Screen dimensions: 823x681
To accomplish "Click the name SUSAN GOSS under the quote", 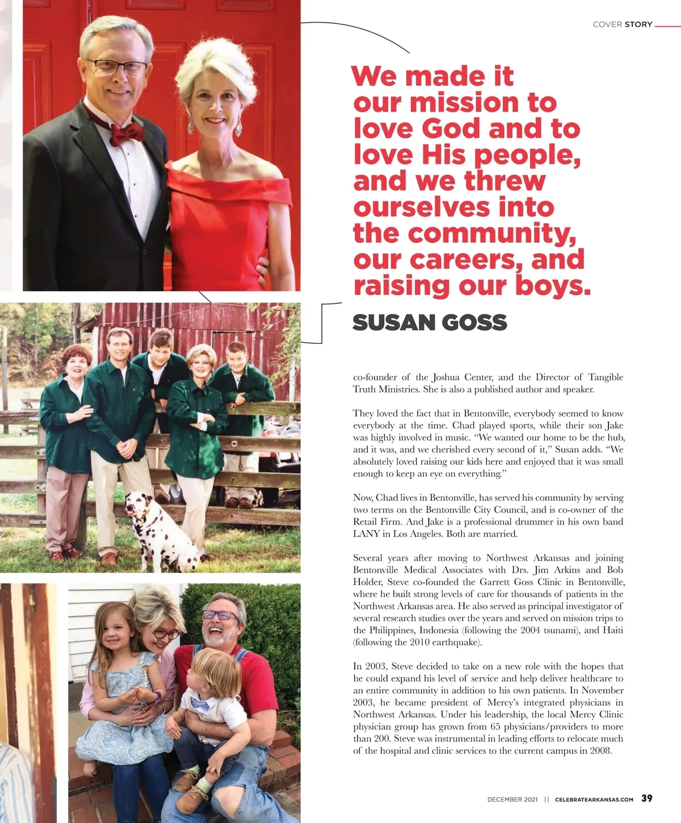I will (430, 322).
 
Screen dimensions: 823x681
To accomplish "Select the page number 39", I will (647, 798).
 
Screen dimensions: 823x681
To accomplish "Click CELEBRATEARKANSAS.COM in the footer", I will (594, 799).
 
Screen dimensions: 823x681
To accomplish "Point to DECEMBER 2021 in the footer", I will (512, 799).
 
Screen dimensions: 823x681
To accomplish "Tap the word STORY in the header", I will (638, 24).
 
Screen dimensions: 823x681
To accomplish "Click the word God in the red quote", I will (451, 128).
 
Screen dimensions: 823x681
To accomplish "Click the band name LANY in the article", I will (367, 534).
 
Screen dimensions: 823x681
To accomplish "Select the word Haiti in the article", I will (612, 630).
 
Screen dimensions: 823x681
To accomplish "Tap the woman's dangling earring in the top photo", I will (238, 125).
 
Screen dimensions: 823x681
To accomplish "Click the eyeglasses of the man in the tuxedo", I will (117, 67).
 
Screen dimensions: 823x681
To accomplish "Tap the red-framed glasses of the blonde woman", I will (165, 634).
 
